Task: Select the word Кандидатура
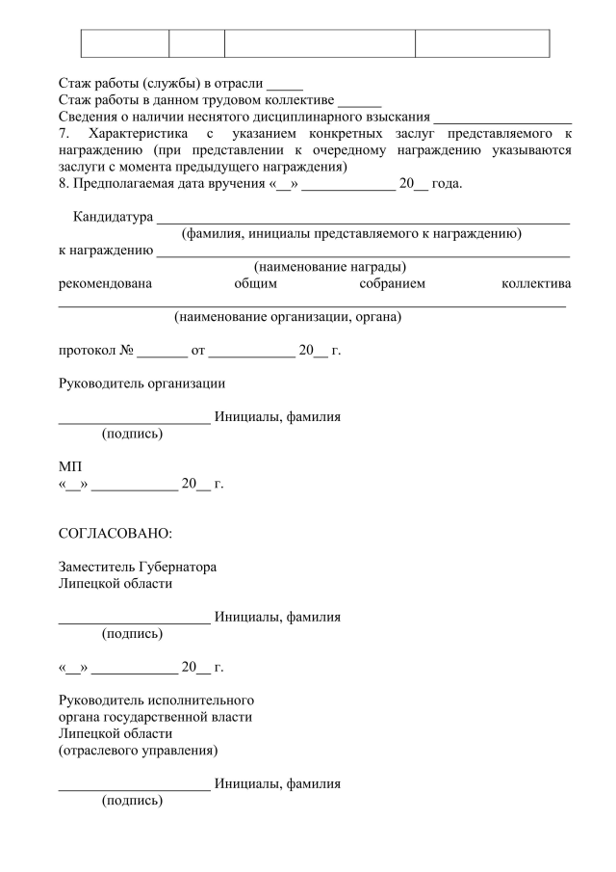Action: [113, 217]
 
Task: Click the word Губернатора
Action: [177, 568]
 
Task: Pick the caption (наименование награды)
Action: [329, 267]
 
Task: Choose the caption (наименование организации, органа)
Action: [287, 316]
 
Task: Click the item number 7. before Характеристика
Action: [64, 133]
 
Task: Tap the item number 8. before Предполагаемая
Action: [64, 183]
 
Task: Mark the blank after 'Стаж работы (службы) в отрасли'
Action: [285, 83]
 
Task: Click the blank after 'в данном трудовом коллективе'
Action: [361, 99]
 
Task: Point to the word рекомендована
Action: [105, 283]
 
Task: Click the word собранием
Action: [392, 283]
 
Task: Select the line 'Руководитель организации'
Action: [142, 383]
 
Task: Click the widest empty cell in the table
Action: [320, 43]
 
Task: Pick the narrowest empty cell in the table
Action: [196, 43]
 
